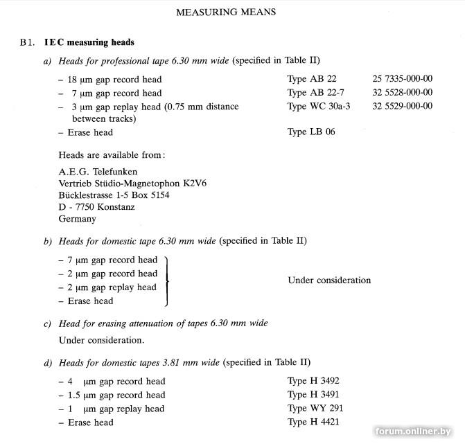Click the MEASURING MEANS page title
click(x=226, y=12)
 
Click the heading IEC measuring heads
click(x=89, y=42)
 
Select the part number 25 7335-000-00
click(x=402, y=79)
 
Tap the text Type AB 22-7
click(x=315, y=92)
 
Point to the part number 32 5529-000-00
click(x=402, y=106)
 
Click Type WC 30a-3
click(x=322, y=106)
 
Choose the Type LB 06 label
click(x=311, y=132)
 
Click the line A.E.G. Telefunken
click(x=98, y=171)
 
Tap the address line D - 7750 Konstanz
click(x=97, y=206)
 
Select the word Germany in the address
click(x=78, y=219)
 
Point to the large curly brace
click(x=167, y=280)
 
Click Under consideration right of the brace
click(x=329, y=280)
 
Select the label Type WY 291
click(x=315, y=408)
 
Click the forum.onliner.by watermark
click(x=418, y=431)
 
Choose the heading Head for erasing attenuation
click(x=163, y=323)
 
